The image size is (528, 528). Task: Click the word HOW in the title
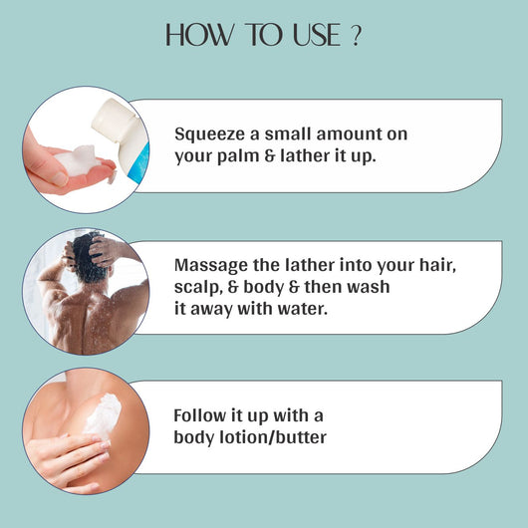click(x=199, y=34)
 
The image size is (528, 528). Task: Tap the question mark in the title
click(x=356, y=35)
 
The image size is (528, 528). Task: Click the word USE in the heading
click(x=317, y=35)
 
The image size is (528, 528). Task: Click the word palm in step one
click(x=238, y=156)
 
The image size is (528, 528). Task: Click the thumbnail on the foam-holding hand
click(x=61, y=178)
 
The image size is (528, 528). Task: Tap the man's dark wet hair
click(x=88, y=258)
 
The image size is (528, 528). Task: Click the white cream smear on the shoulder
click(x=103, y=415)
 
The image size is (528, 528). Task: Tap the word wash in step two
click(x=368, y=287)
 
